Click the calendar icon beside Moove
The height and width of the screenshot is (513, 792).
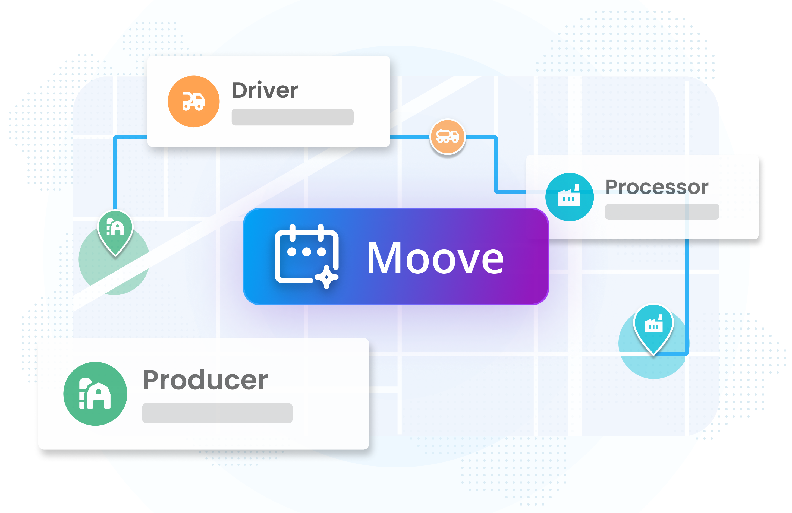(306, 256)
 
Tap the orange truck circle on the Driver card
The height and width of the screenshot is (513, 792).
(194, 102)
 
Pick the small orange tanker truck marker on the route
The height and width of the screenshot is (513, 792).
(448, 136)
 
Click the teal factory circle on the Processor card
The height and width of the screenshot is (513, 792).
(569, 197)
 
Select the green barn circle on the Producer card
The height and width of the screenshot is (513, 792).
(95, 394)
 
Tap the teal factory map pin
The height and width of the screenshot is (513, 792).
(653, 326)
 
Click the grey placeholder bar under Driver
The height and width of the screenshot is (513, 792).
(292, 117)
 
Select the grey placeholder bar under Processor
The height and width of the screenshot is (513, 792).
(662, 212)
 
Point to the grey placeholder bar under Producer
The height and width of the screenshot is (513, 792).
(217, 413)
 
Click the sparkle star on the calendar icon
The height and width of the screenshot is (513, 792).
(326, 277)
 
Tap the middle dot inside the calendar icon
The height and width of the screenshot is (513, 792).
(306, 252)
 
